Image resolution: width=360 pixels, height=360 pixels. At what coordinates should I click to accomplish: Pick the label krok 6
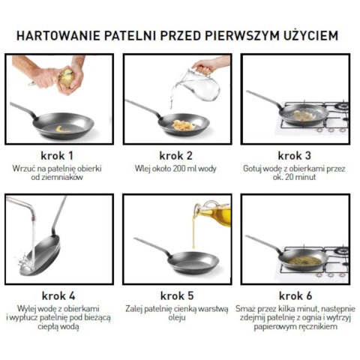(295, 295)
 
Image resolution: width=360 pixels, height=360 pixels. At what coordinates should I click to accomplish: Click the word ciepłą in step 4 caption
(38, 327)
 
